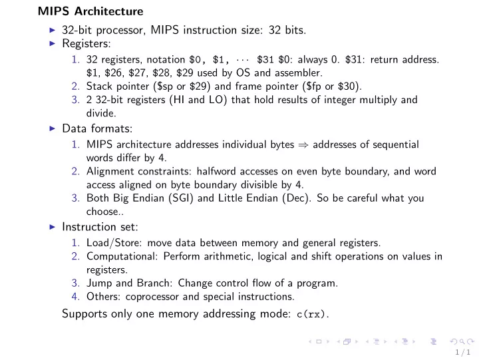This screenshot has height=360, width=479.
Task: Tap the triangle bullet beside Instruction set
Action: (x=52, y=227)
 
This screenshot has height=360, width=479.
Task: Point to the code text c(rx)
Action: (x=313, y=314)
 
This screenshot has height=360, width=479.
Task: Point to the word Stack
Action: (x=99, y=86)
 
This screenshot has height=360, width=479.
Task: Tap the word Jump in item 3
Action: (x=98, y=283)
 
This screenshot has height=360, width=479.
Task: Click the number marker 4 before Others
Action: (x=75, y=297)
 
